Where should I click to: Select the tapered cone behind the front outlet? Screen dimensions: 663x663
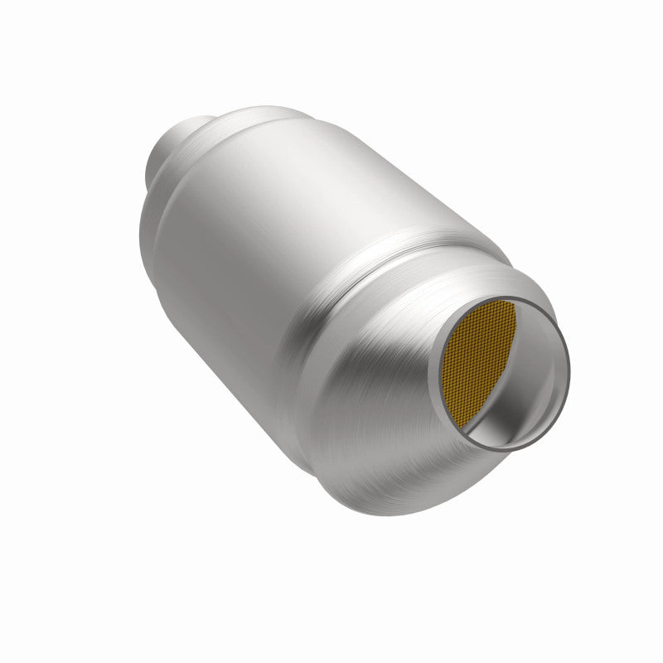pyautogui.click(x=390, y=390)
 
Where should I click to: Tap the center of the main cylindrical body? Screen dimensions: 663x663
pyautogui.click(x=282, y=265)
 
